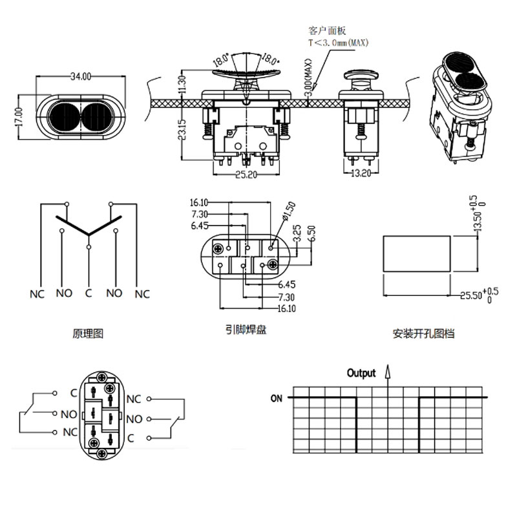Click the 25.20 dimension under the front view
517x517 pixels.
point(247,174)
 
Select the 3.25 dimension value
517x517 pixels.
point(297,233)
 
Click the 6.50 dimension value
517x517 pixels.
point(311,234)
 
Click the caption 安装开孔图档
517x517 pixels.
point(423,334)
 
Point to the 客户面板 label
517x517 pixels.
point(328,30)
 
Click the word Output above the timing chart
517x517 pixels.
point(361,373)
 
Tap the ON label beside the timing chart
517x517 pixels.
point(276,398)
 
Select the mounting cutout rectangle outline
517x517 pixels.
point(416,253)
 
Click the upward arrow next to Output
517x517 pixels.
point(388,372)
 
